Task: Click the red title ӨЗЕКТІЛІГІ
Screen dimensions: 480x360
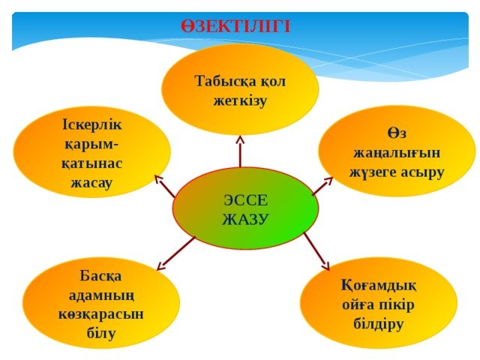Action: [x=235, y=26]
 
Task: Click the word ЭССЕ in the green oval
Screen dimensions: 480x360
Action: [x=246, y=200]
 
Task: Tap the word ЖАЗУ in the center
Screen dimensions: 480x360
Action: [x=245, y=219]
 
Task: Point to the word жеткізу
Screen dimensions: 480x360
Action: [x=240, y=100]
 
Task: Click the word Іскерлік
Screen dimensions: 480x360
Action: [x=91, y=124]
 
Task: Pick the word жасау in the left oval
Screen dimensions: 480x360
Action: [x=91, y=183]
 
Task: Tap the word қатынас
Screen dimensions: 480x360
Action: [x=91, y=163]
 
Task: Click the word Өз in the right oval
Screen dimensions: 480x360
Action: [x=397, y=133]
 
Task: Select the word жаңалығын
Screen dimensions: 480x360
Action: [x=397, y=153]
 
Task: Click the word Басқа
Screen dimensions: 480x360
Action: [x=100, y=277]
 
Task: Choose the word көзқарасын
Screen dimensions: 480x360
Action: [x=101, y=314]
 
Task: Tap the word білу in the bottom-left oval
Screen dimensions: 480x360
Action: [x=101, y=333]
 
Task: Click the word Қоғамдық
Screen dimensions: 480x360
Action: [x=379, y=286]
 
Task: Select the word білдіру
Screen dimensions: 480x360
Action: [x=378, y=324]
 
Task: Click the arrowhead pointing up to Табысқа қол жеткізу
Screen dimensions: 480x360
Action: [x=240, y=140]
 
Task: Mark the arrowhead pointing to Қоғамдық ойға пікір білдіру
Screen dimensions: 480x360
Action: [x=325, y=266]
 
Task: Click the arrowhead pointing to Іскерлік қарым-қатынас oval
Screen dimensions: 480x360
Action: [x=159, y=180]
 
